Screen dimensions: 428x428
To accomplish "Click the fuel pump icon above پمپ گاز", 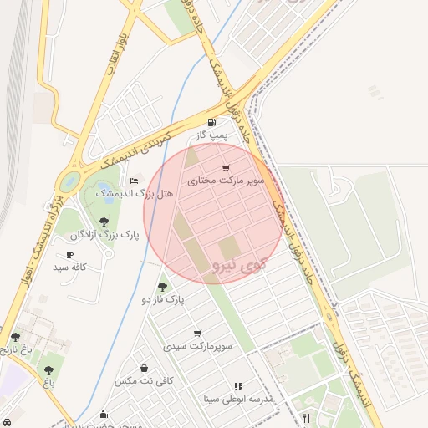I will click(x=222, y=124).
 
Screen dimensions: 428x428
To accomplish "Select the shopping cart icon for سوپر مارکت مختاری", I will click(x=225, y=169).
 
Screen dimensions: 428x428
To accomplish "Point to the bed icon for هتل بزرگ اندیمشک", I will click(x=134, y=181).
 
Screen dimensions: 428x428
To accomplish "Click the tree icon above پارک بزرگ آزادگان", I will click(x=104, y=222).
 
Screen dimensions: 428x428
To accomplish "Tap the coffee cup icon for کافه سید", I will click(x=69, y=255).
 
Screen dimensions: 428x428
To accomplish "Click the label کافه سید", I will click(x=70, y=267).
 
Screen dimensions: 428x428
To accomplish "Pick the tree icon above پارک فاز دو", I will click(x=162, y=287).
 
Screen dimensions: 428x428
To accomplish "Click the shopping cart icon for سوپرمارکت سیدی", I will click(x=197, y=334).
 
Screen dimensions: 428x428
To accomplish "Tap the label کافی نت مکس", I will click(x=144, y=380).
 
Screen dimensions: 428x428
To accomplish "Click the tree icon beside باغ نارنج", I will click(x=15, y=337).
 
